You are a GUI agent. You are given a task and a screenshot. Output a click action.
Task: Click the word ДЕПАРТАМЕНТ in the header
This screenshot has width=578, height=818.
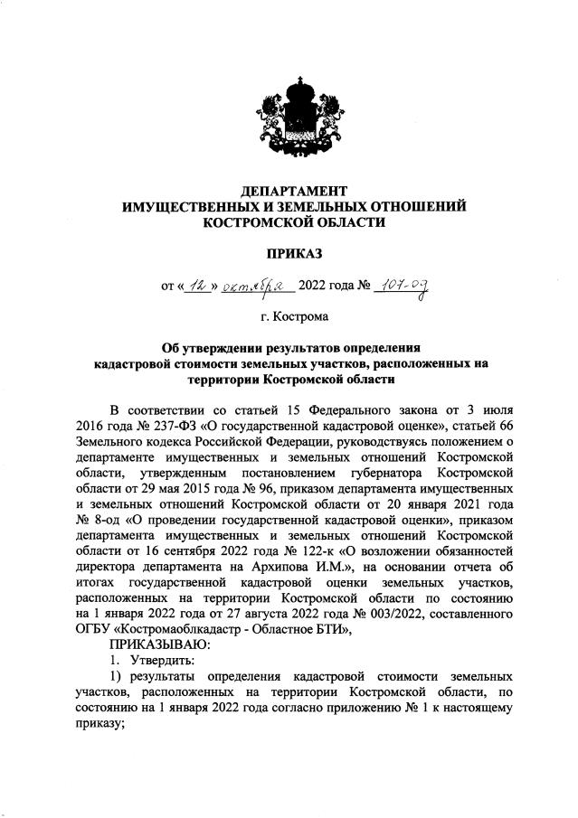click(x=294, y=191)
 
